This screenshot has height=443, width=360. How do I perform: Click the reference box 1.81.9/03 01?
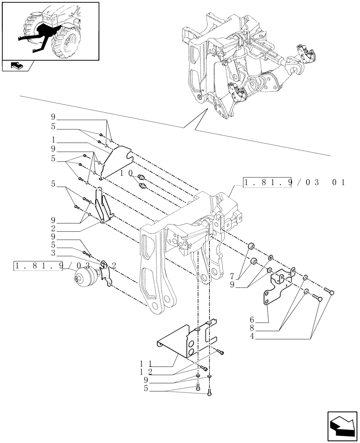tap(294, 183)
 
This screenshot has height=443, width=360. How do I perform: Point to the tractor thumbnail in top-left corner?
tap(50, 31)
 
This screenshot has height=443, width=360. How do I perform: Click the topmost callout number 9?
tap(53, 117)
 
